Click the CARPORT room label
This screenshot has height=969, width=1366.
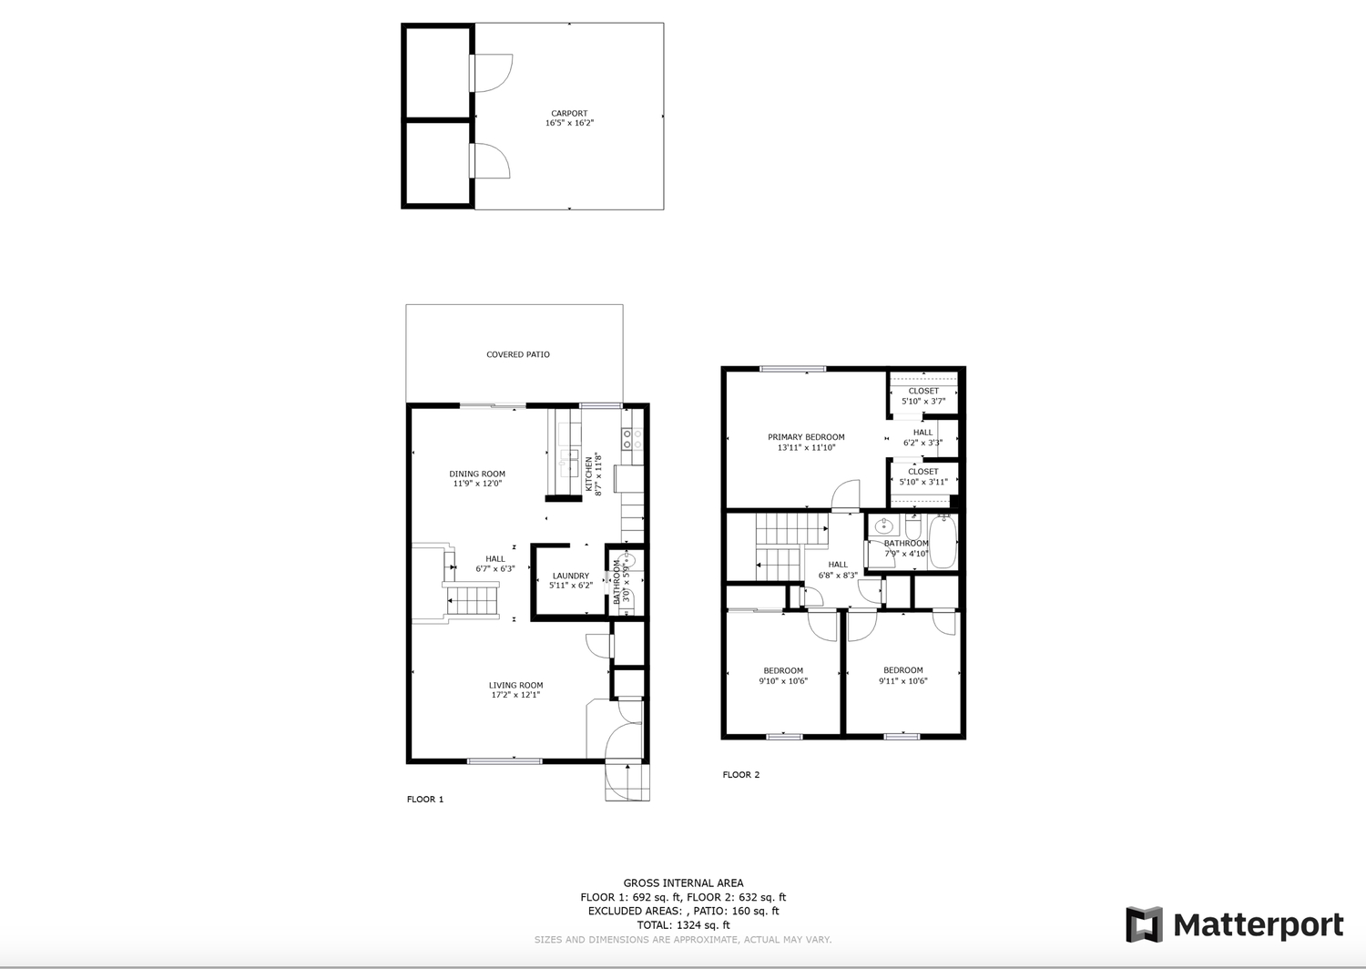pyautogui.click(x=569, y=114)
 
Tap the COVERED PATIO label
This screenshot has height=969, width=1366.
pyautogui.click(x=518, y=354)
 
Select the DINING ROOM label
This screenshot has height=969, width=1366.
pyautogui.click(x=477, y=474)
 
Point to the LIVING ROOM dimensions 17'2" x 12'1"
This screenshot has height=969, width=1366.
pyautogui.click(x=516, y=695)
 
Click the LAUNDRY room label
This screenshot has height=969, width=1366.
pyautogui.click(x=571, y=576)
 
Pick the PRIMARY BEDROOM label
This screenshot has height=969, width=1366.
pyautogui.click(x=806, y=437)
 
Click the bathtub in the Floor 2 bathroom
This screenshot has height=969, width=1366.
pyautogui.click(x=943, y=542)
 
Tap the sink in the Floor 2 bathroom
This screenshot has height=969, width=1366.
pyautogui.click(x=883, y=525)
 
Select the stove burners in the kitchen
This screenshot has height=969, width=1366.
pyautogui.click(x=632, y=439)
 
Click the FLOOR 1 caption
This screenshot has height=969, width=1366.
pyautogui.click(x=425, y=800)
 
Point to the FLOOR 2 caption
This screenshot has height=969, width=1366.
pyautogui.click(x=741, y=775)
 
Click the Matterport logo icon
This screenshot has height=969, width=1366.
pyautogui.click(x=1144, y=924)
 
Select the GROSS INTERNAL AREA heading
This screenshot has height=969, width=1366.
pyautogui.click(x=683, y=883)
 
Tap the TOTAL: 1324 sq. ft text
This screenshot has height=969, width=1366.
pyautogui.click(x=683, y=925)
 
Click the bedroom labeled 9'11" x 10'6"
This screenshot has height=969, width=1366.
pyautogui.click(x=903, y=676)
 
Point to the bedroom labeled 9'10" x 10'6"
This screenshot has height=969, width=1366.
pyautogui.click(x=783, y=676)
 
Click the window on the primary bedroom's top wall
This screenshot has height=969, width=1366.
pyautogui.click(x=793, y=369)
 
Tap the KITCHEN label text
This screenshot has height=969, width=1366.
pyautogui.click(x=589, y=474)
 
